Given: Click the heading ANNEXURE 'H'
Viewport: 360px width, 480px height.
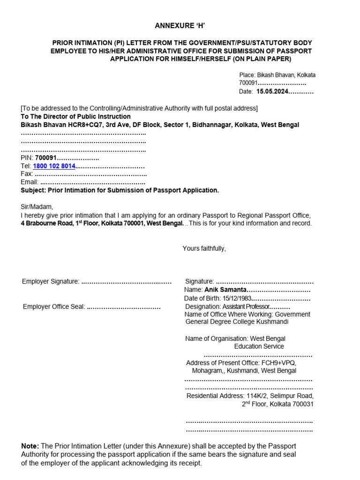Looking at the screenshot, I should pyautogui.click(x=180, y=26).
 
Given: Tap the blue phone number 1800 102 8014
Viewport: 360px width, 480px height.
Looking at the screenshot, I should pyautogui.click(x=54, y=166).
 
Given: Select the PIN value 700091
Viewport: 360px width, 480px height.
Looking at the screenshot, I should pyautogui.click(x=45, y=158).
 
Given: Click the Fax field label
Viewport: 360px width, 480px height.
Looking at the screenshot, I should pyautogui.click(x=27, y=174).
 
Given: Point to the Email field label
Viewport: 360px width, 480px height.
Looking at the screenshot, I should pyautogui.click(x=30, y=182).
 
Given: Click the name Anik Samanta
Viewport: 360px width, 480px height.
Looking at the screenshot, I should pyautogui.click(x=222, y=290).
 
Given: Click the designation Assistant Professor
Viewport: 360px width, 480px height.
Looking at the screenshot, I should pyautogui.click(x=243, y=307).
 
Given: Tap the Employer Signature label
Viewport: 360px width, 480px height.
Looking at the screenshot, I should pyautogui.click(x=51, y=281).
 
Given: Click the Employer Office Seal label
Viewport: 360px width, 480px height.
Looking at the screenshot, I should pyautogui.click(x=54, y=307).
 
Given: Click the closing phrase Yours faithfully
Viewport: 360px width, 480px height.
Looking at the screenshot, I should pyautogui.click(x=204, y=248).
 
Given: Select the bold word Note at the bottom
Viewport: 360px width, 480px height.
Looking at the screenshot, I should pyautogui.click(x=30, y=446).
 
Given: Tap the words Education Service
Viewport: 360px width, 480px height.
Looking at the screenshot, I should pyautogui.click(x=259, y=346).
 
